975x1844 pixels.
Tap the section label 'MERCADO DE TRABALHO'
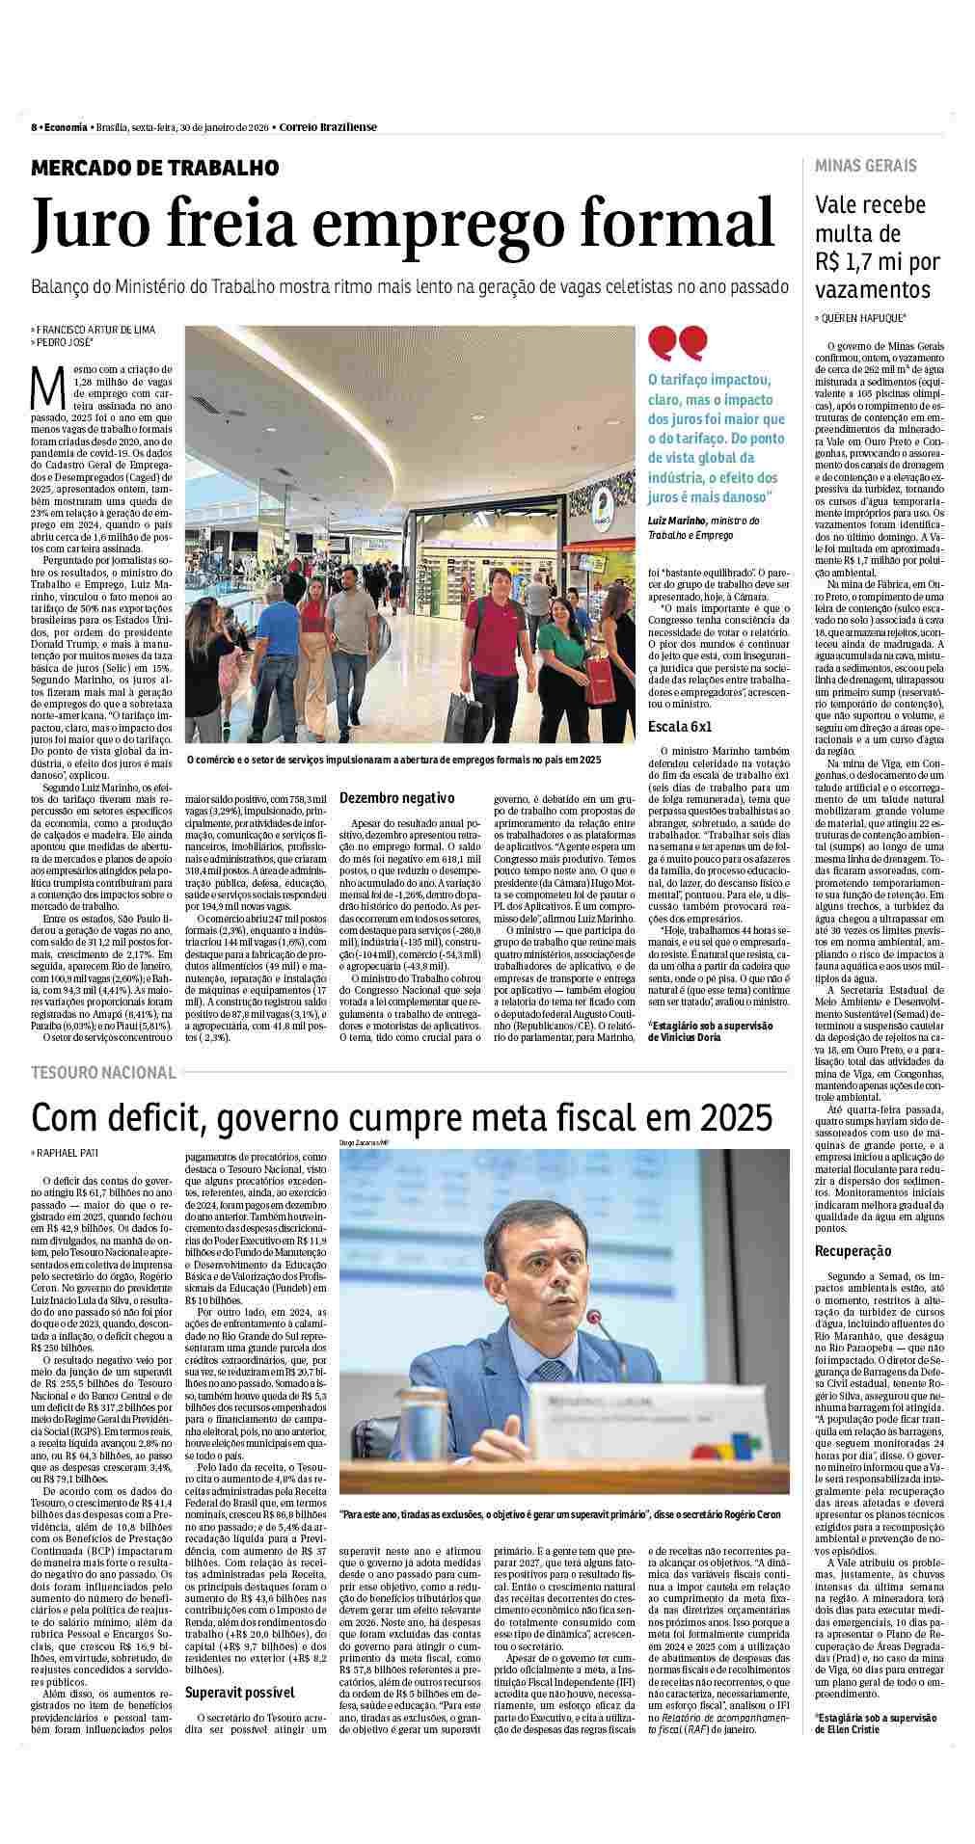click(x=155, y=168)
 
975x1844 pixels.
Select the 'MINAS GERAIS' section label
click(x=865, y=166)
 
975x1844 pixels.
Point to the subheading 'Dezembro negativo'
click(x=396, y=798)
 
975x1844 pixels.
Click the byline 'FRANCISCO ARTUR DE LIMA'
click(x=95, y=330)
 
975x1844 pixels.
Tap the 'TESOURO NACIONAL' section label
click(x=104, y=1072)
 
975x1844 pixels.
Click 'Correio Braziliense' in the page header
click(x=328, y=127)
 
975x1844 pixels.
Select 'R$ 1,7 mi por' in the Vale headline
click(x=877, y=262)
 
